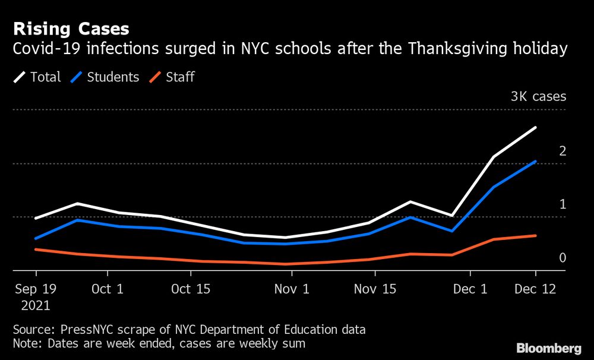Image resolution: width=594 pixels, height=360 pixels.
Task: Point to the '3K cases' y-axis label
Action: (x=538, y=96)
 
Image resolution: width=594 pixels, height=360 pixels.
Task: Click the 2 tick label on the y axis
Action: (x=562, y=151)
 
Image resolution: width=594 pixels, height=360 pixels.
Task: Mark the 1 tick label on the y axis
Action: (x=562, y=204)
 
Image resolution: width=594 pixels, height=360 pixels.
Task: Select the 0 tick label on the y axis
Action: (x=562, y=258)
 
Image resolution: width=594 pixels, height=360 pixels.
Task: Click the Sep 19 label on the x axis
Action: (x=36, y=289)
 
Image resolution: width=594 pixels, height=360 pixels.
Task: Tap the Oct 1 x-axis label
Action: (x=108, y=289)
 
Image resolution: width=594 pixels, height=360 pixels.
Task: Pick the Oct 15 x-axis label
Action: (x=191, y=289)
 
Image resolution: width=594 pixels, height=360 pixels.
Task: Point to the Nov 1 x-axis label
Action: (x=292, y=289)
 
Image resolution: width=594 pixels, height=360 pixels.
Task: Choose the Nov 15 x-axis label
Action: (x=375, y=289)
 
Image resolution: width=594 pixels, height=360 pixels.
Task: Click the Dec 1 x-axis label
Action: (x=470, y=289)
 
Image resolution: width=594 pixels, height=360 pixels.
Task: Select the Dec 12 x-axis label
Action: (x=536, y=289)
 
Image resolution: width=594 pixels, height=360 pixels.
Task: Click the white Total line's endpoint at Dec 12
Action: (x=536, y=128)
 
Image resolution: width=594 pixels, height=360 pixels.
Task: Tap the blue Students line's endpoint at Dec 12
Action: (x=536, y=161)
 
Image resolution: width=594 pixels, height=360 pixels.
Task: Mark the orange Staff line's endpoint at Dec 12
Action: (x=536, y=235)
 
